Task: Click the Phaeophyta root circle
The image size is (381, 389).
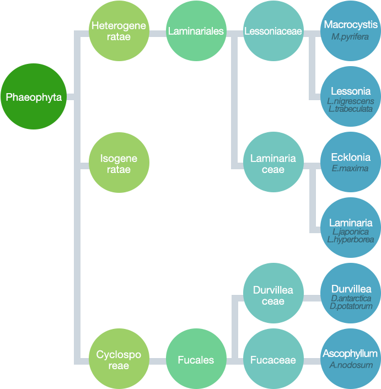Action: [34, 98]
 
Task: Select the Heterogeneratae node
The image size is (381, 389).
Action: [119, 31]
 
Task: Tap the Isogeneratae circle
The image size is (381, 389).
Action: [119, 164]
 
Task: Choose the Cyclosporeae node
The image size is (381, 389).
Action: [119, 360]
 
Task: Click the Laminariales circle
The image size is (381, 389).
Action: [196, 31]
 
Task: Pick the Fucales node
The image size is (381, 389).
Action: [196, 360]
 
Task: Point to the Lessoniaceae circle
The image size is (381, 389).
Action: [273, 31]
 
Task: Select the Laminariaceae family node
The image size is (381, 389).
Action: [273, 164]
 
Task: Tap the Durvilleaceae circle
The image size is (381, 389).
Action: [273, 295]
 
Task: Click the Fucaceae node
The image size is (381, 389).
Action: [273, 360]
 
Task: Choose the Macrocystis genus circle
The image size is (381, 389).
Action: [351, 31]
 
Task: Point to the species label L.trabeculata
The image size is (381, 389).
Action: [351, 109]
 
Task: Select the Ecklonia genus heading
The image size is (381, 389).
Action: [351, 157]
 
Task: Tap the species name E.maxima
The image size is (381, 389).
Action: [351, 169]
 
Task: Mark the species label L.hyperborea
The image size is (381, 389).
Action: [351, 240]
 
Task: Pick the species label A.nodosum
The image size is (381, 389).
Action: [351, 365]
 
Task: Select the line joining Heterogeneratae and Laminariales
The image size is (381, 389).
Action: [158, 32]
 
